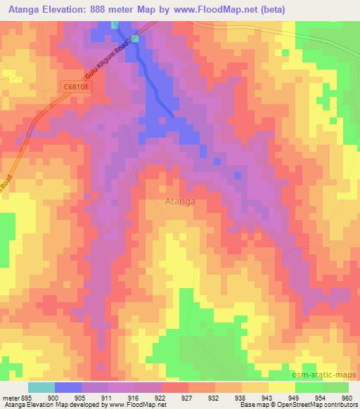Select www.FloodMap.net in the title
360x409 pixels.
click(x=262, y=10)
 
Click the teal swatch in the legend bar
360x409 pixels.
click(x=41, y=388)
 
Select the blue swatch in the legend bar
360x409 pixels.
click(x=68, y=388)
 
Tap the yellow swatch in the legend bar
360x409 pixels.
click(x=282, y=388)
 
